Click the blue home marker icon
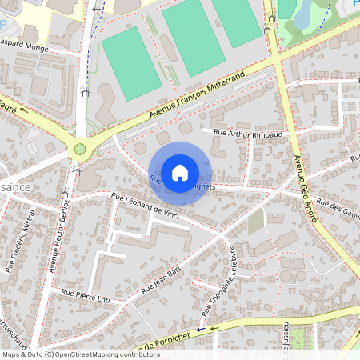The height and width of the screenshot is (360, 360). (180, 172)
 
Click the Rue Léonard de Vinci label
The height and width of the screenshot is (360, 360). (144, 206)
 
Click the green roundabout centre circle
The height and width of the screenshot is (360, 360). (79, 149)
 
